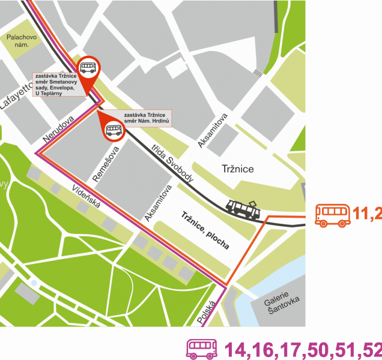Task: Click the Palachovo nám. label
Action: click(x=22, y=41)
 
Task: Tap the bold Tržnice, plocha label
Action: click(x=205, y=230)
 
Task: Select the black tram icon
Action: click(x=243, y=208)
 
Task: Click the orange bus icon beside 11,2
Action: click(x=333, y=214)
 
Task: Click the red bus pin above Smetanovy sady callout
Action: click(x=88, y=70)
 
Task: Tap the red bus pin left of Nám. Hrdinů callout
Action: click(x=112, y=128)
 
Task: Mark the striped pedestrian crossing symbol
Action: click(x=258, y=73)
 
